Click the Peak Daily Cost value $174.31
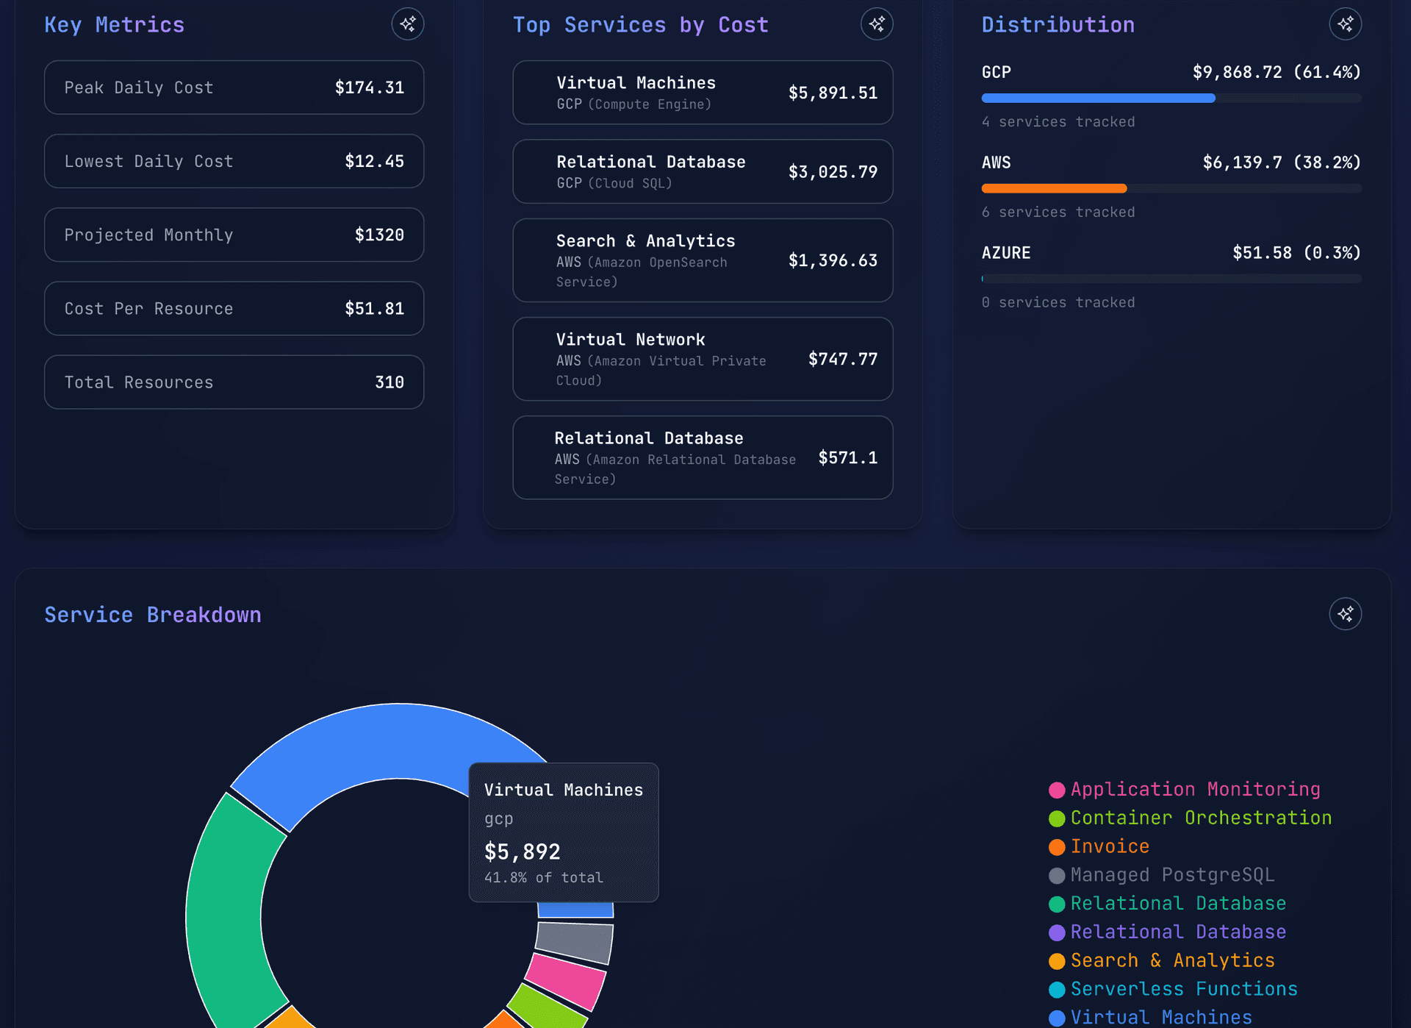(369, 88)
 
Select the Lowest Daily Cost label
(148, 161)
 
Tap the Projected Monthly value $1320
(379, 235)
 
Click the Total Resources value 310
(389, 382)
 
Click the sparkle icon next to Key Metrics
(407, 24)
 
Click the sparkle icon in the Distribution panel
(1345, 24)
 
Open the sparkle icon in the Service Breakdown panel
(1345, 614)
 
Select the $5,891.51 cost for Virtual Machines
(832, 93)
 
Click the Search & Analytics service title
(645, 241)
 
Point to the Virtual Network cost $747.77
(842, 359)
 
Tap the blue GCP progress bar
(1098, 98)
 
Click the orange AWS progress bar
(1053, 188)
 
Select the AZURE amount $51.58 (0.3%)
(1296, 253)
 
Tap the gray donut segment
(575, 942)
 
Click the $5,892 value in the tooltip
(522, 852)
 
